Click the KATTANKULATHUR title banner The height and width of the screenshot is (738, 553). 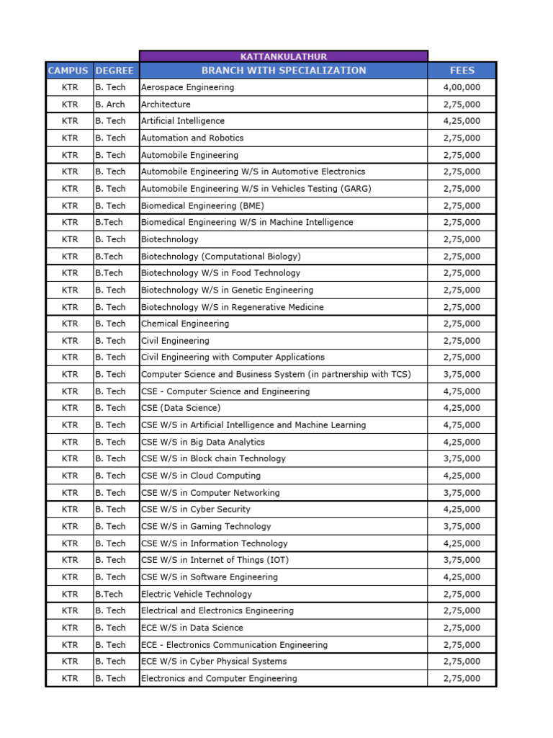(283, 55)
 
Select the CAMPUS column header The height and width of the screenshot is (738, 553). (68, 71)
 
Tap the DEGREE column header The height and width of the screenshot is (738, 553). (115, 71)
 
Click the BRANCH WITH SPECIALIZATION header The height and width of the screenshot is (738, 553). (283, 71)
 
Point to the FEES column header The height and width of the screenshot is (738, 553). (462, 71)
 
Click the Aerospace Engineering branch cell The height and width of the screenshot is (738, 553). (187, 87)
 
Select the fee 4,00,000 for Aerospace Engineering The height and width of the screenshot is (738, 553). (462, 87)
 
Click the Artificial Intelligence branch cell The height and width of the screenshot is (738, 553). (183, 121)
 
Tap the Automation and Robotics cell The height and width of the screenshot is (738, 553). (192, 138)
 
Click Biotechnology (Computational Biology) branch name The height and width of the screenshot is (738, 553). (220, 257)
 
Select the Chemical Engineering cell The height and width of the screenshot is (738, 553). (185, 324)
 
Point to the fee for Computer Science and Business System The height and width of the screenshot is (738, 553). (462, 374)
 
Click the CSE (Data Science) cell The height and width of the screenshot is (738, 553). (181, 408)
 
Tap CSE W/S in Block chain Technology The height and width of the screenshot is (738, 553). (213, 458)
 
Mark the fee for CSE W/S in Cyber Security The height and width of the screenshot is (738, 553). (462, 510)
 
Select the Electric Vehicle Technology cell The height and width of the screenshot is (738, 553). (197, 594)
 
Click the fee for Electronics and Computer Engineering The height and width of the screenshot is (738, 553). (462, 678)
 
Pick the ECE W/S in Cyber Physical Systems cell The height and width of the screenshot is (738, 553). (214, 661)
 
